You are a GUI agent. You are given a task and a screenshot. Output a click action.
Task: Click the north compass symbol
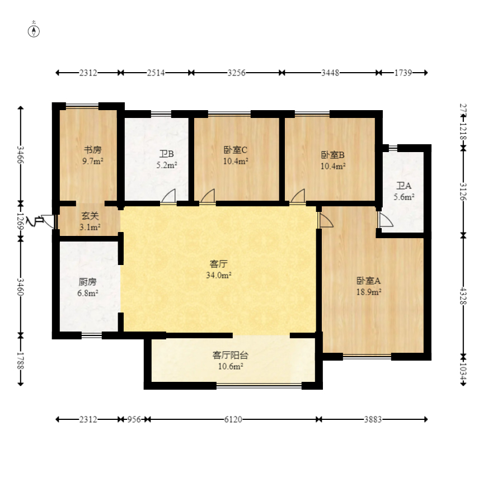(x=34, y=31)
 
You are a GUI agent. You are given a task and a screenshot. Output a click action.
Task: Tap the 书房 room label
(x=93, y=150)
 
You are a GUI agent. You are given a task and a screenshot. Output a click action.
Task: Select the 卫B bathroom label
(x=166, y=154)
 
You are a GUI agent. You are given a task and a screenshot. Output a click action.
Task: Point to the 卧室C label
(x=236, y=150)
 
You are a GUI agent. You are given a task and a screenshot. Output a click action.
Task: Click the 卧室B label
(x=333, y=155)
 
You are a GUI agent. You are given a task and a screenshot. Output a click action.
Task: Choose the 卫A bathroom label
(x=404, y=186)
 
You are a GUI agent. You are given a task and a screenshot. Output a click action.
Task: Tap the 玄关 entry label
(x=90, y=216)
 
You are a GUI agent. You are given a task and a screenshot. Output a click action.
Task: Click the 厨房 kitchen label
(x=88, y=282)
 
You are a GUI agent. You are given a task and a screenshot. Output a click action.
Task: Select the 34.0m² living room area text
(x=219, y=275)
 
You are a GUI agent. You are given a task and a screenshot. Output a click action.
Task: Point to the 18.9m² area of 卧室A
(x=369, y=292)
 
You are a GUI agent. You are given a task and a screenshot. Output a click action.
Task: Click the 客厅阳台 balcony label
(x=231, y=355)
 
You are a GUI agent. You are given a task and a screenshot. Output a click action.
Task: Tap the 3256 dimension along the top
(x=237, y=73)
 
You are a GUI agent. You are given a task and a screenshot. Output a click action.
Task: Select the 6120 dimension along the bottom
(x=233, y=419)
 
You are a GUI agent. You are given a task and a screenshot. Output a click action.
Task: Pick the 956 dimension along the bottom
(x=134, y=419)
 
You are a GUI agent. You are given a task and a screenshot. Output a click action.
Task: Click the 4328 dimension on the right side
(x=463, y=296)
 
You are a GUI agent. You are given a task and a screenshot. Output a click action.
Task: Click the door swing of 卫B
(x=168, y=196)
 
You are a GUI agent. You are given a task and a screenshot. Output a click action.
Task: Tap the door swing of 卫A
(x=386, y=219)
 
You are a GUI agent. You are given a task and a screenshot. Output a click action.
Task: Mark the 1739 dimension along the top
(x=403, y=73)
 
